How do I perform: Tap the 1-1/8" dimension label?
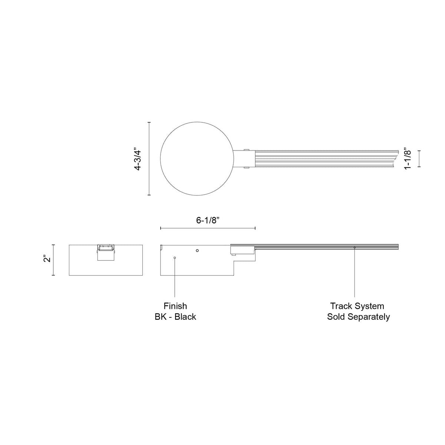(x=408, y=159)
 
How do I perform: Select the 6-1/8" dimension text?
(x=207, y=220)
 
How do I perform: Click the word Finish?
(x=175, y=306)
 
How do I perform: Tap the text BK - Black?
(x=175, y=317)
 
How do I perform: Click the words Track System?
(x=357, y=306)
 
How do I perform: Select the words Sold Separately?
(x=358, y=317)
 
